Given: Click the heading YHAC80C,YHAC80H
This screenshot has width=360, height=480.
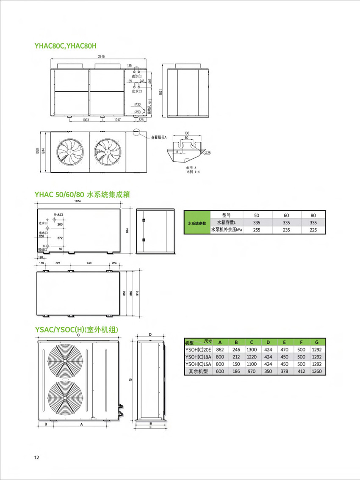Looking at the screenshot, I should tap(68, 45).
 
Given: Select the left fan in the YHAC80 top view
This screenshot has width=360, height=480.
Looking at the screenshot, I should tap(69, 152).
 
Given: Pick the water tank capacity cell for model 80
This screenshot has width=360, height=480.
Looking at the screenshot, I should tap(313, 222).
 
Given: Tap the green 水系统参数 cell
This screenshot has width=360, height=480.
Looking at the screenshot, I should tap(197, 223).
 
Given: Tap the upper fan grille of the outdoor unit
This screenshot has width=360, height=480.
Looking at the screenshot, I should tap(63, 361).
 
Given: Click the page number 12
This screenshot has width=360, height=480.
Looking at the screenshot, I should tap(37, 457).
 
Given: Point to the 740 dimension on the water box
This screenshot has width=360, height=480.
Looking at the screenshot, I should tap(89, 263).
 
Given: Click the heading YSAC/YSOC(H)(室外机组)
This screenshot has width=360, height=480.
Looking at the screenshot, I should tap(77, 330).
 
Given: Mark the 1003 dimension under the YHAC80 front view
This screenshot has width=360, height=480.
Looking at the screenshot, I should tap(86, 120).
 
